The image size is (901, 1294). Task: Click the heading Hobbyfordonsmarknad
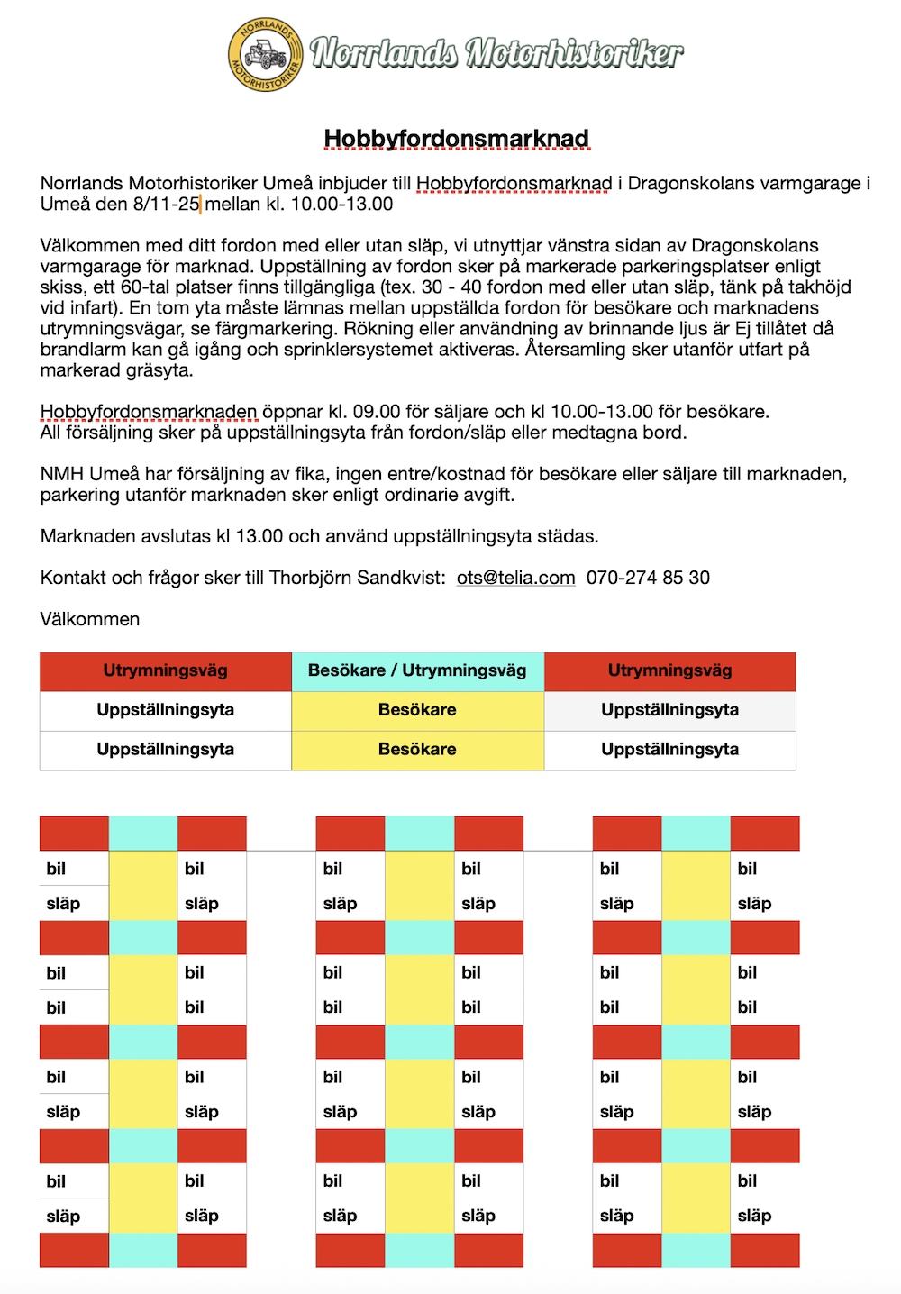click(x=456, y=139)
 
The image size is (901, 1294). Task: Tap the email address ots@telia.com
click(x=515, y=578)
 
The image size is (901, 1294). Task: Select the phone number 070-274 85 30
click(x=648, y=578)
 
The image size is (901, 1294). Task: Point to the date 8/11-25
click(x=166, y=204)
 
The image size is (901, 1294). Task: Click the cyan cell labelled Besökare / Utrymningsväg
click(x=417, y=670)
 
